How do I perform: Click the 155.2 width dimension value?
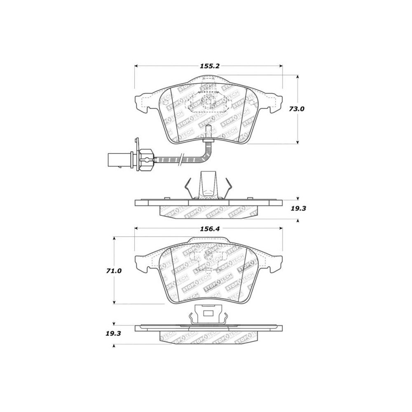click(x=209, y=66)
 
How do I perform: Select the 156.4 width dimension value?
click(x=209, y=229)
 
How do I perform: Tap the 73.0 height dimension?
click(x=297, y=109)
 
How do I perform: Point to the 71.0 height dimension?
click(x=114, y=271)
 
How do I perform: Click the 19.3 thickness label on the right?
click(x=299, y=208)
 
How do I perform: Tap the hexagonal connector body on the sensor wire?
click(x=145, y=159)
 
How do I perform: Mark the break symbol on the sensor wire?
click(x=180, y=159)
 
